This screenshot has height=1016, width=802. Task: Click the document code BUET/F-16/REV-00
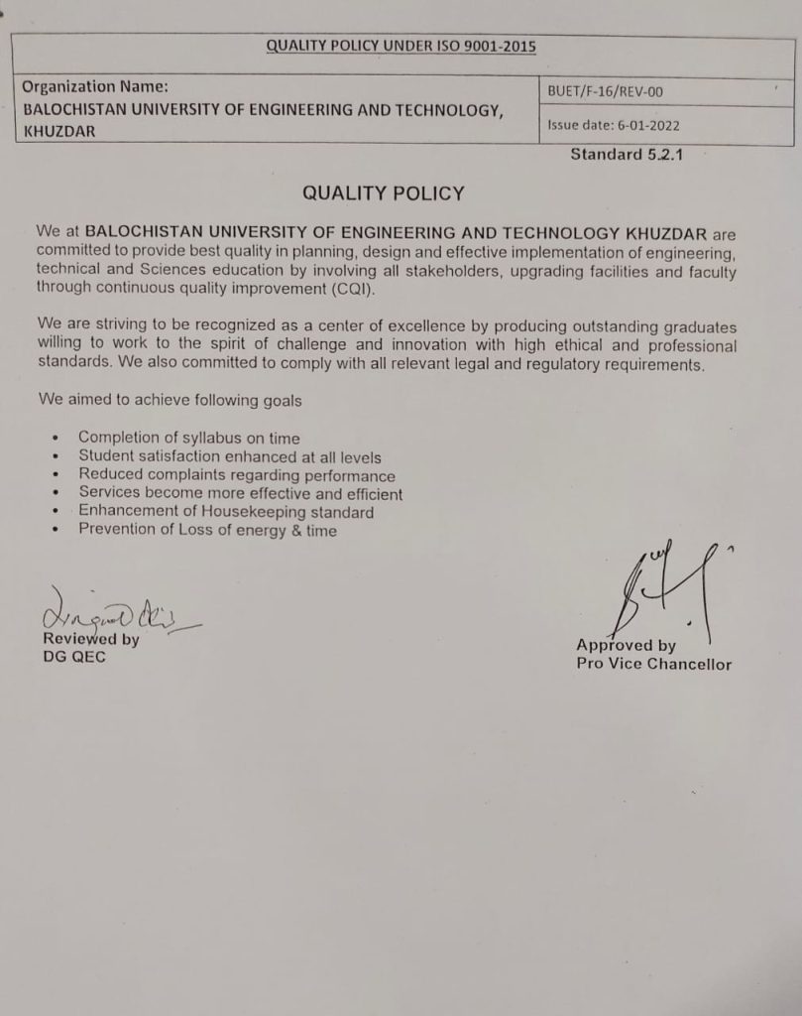click(x=605, y=92)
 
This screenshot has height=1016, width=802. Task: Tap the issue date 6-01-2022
click(x=614, y=126)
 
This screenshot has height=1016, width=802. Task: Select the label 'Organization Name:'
click(x=95, y=86)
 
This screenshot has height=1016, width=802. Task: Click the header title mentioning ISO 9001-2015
click(x=401, y=46)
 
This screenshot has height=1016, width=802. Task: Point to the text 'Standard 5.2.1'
click(x=627, y=155)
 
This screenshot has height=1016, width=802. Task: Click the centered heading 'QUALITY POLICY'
click(x=383, y=192)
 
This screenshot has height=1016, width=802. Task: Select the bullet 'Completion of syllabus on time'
click(x=188, y=438)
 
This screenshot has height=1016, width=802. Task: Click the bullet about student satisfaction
click(x=229, y=456)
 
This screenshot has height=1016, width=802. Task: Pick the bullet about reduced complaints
click(x=236, y=475)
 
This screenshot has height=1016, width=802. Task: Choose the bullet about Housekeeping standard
click(x=226, y=512)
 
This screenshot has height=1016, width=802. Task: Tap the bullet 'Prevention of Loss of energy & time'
click(x=207, y=530)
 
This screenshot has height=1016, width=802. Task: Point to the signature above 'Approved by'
click(x=658, y=590)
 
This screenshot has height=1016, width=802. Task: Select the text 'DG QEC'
click(x=73, y=657)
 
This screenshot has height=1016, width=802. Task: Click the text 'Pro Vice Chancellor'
click(x=653, y=664)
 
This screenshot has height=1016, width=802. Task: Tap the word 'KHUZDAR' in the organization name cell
click(x=59, y=131)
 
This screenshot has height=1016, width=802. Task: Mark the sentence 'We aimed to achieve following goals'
click(x=170, y=401)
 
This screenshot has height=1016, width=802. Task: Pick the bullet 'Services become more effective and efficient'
click(x=240, y=493)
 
